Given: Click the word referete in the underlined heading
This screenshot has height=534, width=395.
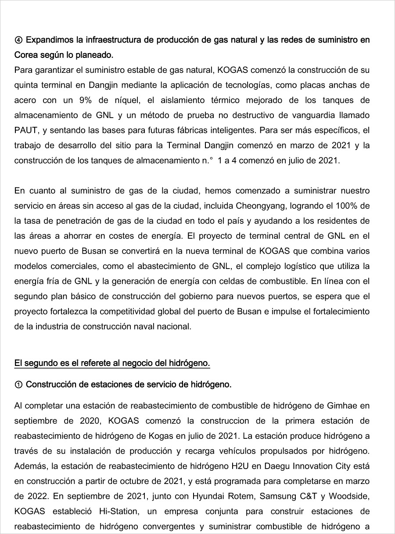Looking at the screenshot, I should point(95,363).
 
